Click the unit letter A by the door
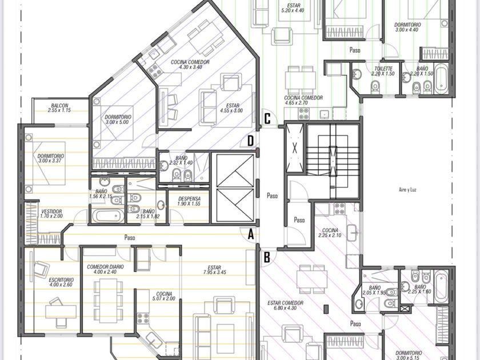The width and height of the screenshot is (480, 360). coord(251,235)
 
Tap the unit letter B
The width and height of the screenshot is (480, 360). coord(267,258)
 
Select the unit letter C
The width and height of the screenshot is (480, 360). coord(267,119)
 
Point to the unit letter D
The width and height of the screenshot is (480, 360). coord(251,141)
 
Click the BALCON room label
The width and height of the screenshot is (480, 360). coord(59,105)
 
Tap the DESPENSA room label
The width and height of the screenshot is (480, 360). coord(189,199)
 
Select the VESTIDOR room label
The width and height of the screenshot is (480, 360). coord(51,211)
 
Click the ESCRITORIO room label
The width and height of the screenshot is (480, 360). coord(61,280)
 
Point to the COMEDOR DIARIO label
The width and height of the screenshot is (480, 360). coord(105,267)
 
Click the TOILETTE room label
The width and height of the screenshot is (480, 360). coord(383,69)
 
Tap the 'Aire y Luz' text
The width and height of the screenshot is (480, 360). coord(408,190)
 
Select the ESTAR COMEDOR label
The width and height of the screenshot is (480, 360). coord(285,303)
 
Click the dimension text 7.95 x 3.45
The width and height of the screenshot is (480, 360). coord(214,272)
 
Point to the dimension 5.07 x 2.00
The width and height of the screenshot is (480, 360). coord(164,298)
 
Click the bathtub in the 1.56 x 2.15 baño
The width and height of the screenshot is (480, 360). coord(108,216)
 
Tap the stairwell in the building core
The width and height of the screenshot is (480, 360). coord(333,161)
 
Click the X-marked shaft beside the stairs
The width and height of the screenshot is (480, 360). coord(294,148)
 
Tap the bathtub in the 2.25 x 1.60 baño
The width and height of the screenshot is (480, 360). coord(441,287)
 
